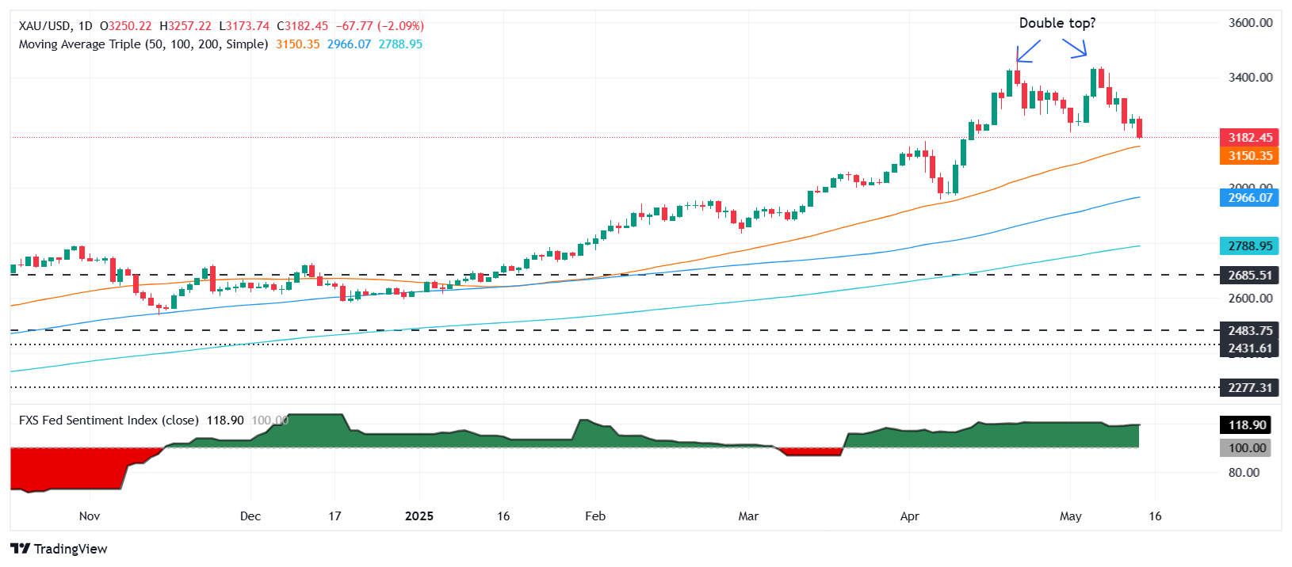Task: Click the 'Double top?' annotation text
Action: (x=1057, y=23)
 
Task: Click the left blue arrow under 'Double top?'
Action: (x=1027, y=51)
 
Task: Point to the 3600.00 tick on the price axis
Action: (x=1250, y=23)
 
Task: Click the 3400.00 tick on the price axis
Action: (x=1250, y=78)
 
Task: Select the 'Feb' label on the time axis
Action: (x=595, y=516)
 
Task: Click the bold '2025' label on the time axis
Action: (x=419, y=516)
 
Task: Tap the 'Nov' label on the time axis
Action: (x=90, y=516)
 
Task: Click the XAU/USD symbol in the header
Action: (x=44, y=26)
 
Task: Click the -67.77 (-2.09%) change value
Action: (x=380, y=26)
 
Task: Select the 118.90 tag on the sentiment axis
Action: (x=1247, y=425)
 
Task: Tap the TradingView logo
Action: (x=59, y=549)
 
